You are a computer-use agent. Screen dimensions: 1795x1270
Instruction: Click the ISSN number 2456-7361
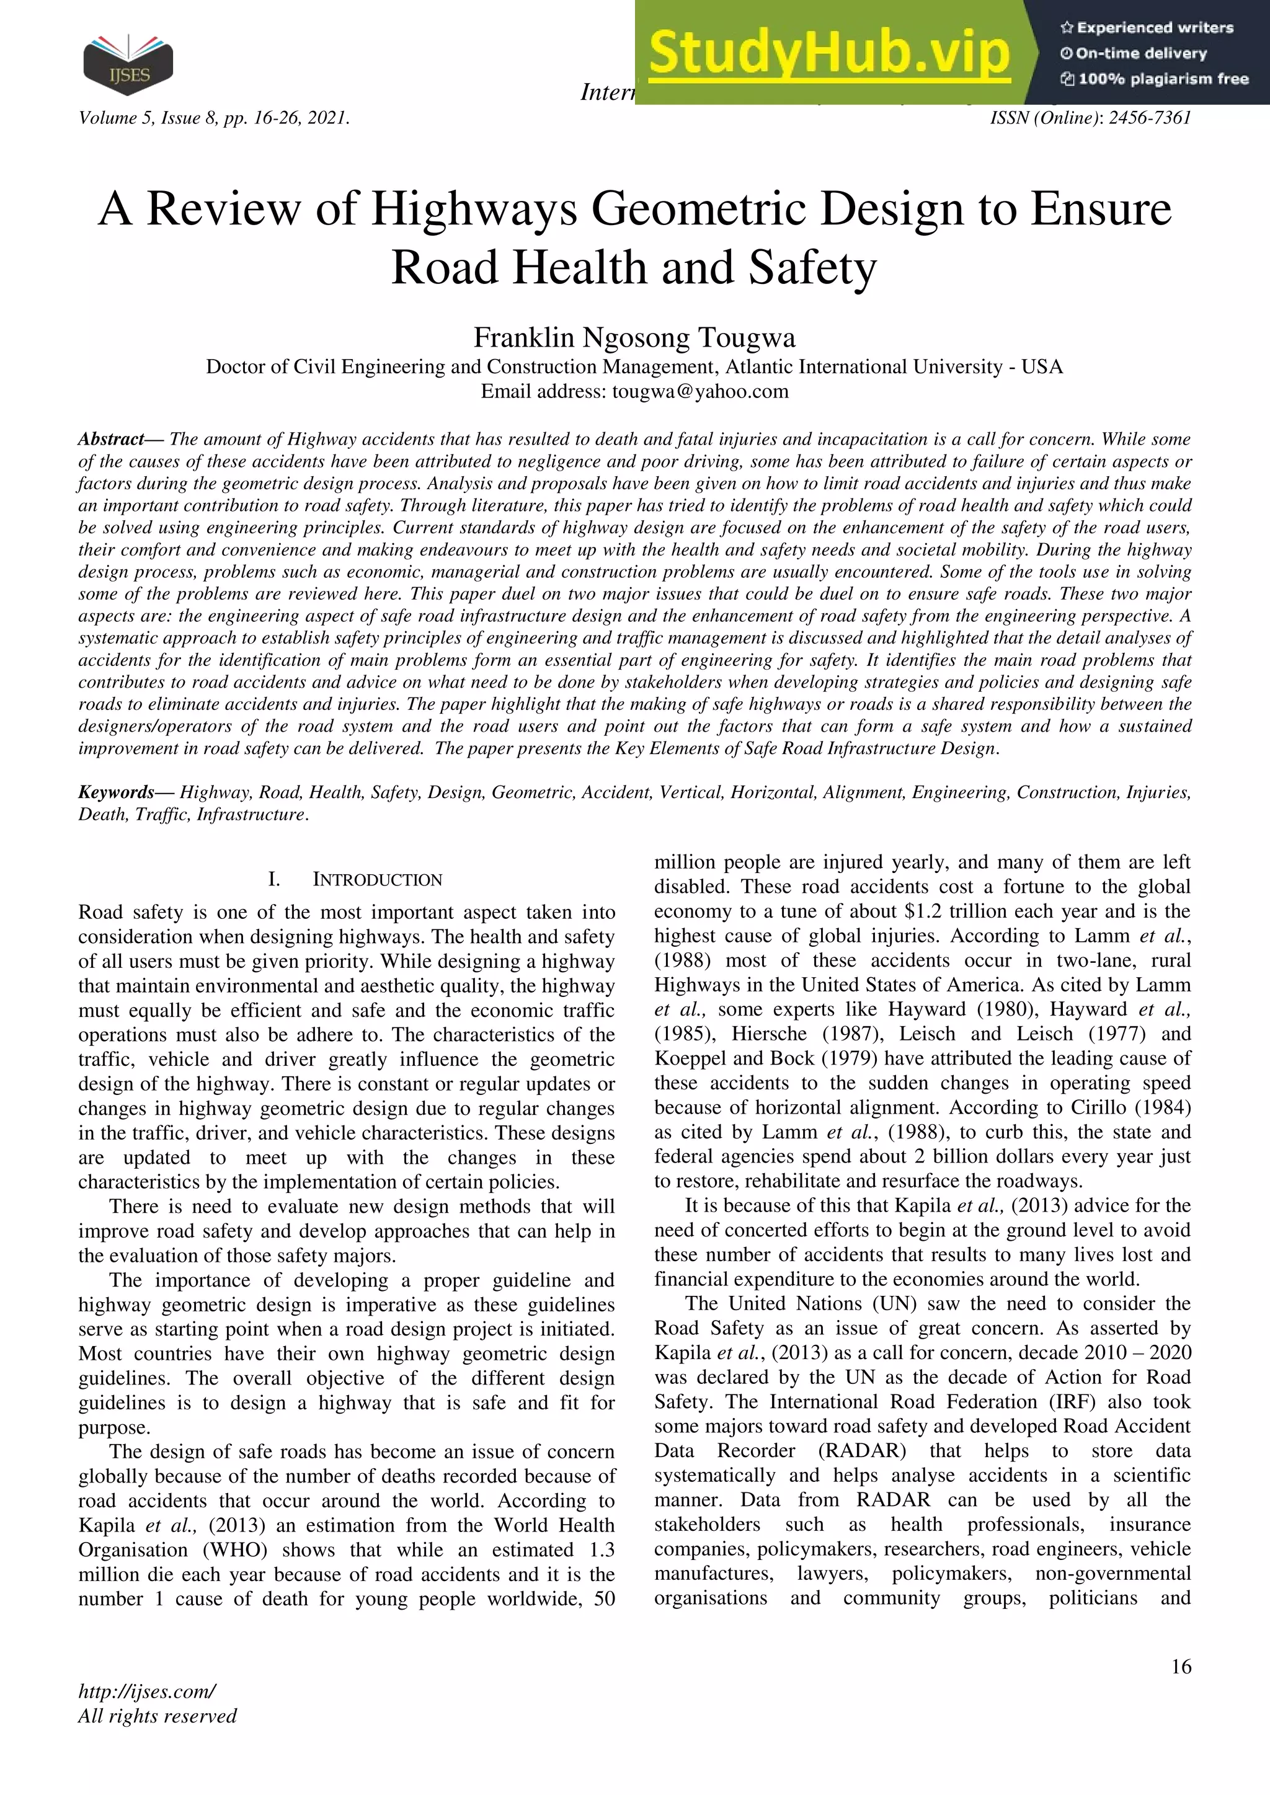[1150, 118]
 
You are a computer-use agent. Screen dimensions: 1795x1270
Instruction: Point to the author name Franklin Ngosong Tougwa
[634, 338]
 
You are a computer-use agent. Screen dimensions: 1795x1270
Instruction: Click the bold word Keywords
[116, 792]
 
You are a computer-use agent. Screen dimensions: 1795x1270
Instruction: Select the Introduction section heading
[377, 879]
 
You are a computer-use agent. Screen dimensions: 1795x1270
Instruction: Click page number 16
[1181, 1666]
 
